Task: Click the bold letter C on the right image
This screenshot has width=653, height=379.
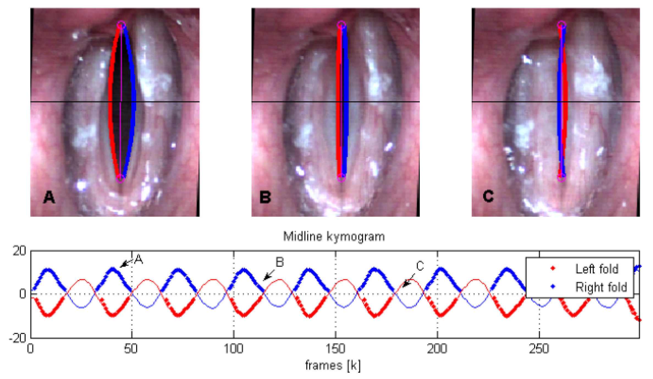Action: (488, 196)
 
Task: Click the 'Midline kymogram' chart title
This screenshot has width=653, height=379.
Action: (334, 236)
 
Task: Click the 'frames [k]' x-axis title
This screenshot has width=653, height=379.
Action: (333, 366)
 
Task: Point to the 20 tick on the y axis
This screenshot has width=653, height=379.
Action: (19, 251)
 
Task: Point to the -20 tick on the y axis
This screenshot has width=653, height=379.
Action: (18, 338)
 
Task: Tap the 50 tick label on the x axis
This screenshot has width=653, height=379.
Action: (131, 349)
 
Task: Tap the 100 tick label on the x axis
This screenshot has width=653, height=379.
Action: (233, 349)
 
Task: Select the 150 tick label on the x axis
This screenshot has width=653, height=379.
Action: (335, 349)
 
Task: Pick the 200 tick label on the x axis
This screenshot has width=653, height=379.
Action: (437, 349)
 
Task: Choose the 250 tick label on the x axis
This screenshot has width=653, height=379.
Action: (539, 349)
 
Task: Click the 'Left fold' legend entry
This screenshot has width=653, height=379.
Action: (597, 269)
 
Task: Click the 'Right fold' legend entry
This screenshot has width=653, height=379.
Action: (601, 287)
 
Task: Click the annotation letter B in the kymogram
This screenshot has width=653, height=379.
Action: (280, 262)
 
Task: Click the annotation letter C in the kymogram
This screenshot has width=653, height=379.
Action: (420, 266)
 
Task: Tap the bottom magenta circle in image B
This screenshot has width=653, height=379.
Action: (341, 178)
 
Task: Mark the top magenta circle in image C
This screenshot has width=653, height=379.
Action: (561, 25)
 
